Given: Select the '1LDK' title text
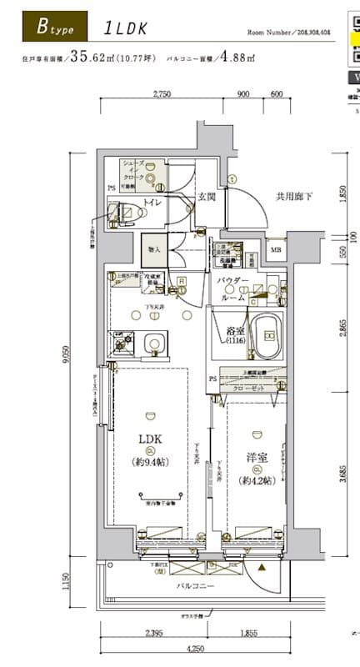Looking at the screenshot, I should (x=126, y=28).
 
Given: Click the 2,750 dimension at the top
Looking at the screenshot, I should (x=162, y=94).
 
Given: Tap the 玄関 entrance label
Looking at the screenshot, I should (x=207, y=197).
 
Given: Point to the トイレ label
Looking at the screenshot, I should (x=152, y=203).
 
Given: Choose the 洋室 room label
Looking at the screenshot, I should (x=256, y=459).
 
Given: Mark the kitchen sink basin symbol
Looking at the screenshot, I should (x=152, y=344).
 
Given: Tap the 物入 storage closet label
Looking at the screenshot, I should (x=152, y=248).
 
